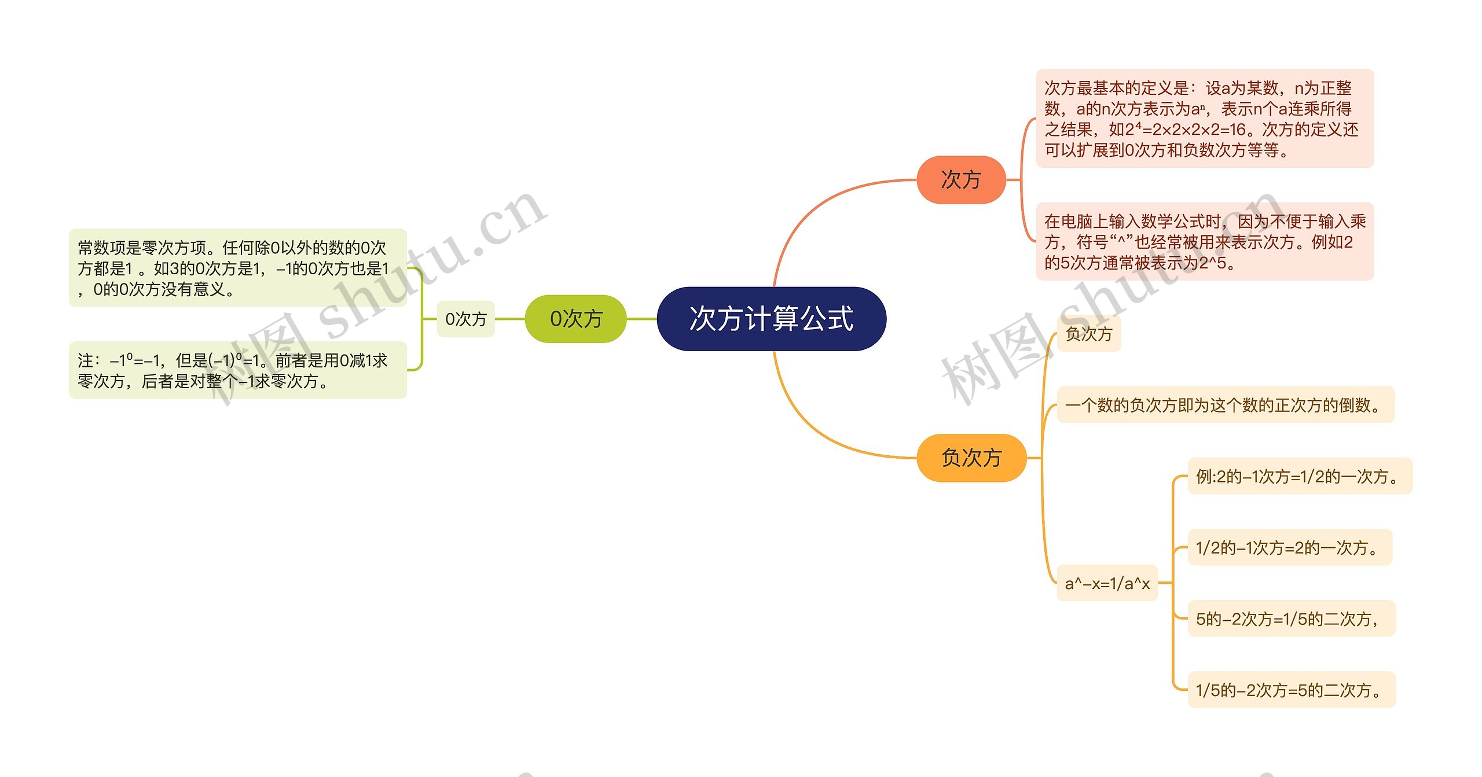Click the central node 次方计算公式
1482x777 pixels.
pyautogui.click(x=771, y=319)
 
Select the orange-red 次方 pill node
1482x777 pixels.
pyautogui.click(x=961, y=180)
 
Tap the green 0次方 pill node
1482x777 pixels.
pyautogui.click(x=575, y=319)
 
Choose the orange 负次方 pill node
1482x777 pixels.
pyautogui.click(x=971, y=458)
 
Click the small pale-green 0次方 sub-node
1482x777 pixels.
pyautogui.click(x=465, y=319)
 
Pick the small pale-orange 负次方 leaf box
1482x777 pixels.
pyautogui.click(x=1088, y=334)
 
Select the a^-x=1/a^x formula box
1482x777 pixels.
pyautogui.click(x=1107, y=583)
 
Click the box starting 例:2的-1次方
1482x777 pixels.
pyautogui.click(x=1300, y=476)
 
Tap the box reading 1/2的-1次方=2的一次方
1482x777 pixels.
pyautogui.click(x=1289, y=547)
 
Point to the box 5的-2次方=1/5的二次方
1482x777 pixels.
pyautogui.click(x=1291, y=619)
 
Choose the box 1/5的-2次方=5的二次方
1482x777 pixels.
pyautogui.click(x=1291, y=690)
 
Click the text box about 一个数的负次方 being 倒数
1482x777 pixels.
pyautogui.click(x=1225, y=405)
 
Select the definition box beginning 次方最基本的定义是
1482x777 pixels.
pyautogui.click(x=1204, y=119)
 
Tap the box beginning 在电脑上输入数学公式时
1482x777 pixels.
pyautogui.click(x=1204, y=242)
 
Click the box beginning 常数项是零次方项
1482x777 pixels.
pyautogui.click(x=237, y=268)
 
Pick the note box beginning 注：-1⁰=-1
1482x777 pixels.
pyautogui.click(x=237, y=370)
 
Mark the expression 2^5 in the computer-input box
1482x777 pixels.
pyautogui.click(x=1213, y=263)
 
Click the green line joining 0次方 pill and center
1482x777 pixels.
pyautogui.click(x=641, y=319)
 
